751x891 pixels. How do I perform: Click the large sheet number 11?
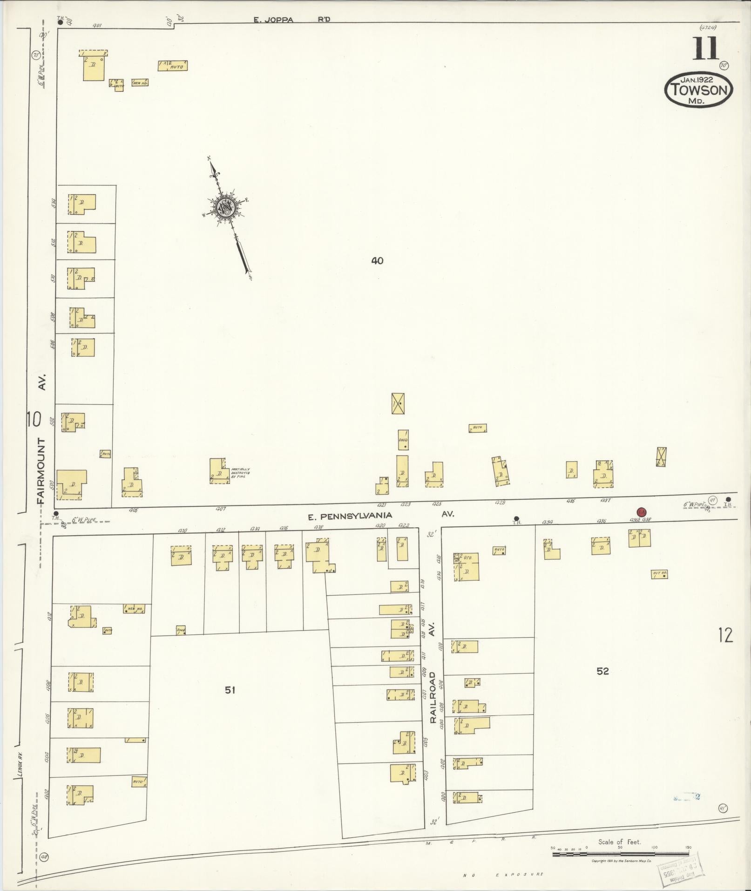click(705, 49)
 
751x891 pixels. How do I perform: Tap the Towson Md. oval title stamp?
click(698, 89)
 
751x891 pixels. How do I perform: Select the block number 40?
click(377, 261)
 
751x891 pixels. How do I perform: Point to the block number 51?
click(230, 690)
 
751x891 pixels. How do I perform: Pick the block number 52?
click(602, 671)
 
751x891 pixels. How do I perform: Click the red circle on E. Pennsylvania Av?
click(642, 512)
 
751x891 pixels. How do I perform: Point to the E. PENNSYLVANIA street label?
click(350, 516)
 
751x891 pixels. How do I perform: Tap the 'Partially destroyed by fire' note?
click(241, 473)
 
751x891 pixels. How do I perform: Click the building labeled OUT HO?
click(660, 574)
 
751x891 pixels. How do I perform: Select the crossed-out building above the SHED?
click(398, 403)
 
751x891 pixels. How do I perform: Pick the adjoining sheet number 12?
click(725, 635)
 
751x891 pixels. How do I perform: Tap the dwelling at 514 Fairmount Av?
click(82, 204)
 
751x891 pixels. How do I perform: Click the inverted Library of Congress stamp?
click(680, 868)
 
